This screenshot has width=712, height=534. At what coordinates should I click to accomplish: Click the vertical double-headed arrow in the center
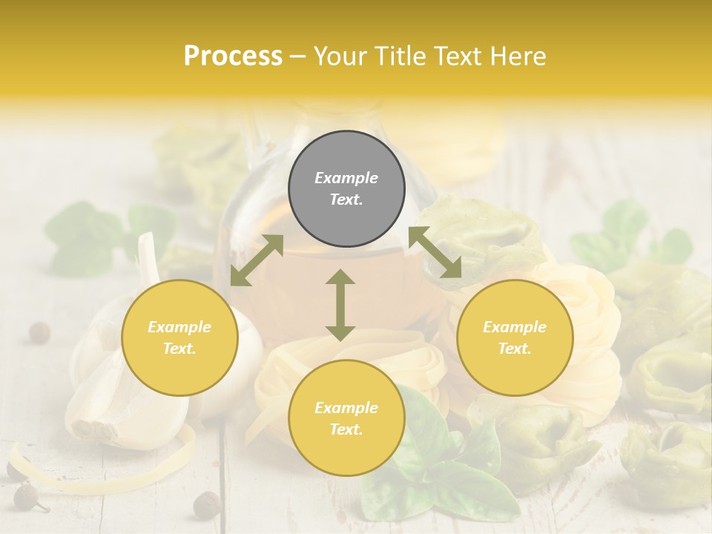pos(340,305)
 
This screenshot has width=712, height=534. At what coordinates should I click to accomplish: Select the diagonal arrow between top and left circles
pos(257,260)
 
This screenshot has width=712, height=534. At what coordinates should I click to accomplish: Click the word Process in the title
pos(233,56)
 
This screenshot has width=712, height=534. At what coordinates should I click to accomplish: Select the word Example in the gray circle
pos(346,178)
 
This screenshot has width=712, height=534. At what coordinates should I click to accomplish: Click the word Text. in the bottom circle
pos(346,429)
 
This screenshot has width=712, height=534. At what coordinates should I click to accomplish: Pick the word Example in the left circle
pos(179,327)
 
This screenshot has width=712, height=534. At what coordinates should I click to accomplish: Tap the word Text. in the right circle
pos(515,349)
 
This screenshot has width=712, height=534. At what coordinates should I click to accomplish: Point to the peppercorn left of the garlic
pos(39,333)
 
